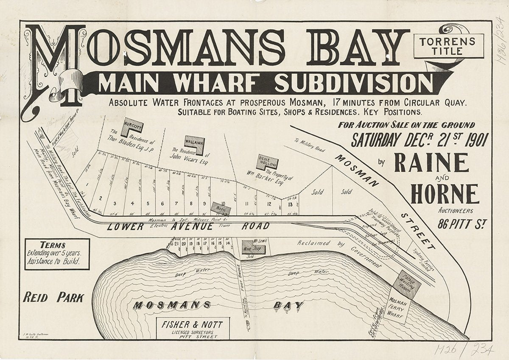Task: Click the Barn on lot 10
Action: point(221,209)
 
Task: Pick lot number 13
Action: point(290,204)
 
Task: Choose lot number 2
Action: point(101,198)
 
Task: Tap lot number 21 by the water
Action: point(176,244)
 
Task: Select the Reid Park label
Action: point(53,298)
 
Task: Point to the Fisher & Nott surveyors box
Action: point(193,328)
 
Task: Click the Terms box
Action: point(57,254)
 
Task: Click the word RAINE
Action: point(431,162)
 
